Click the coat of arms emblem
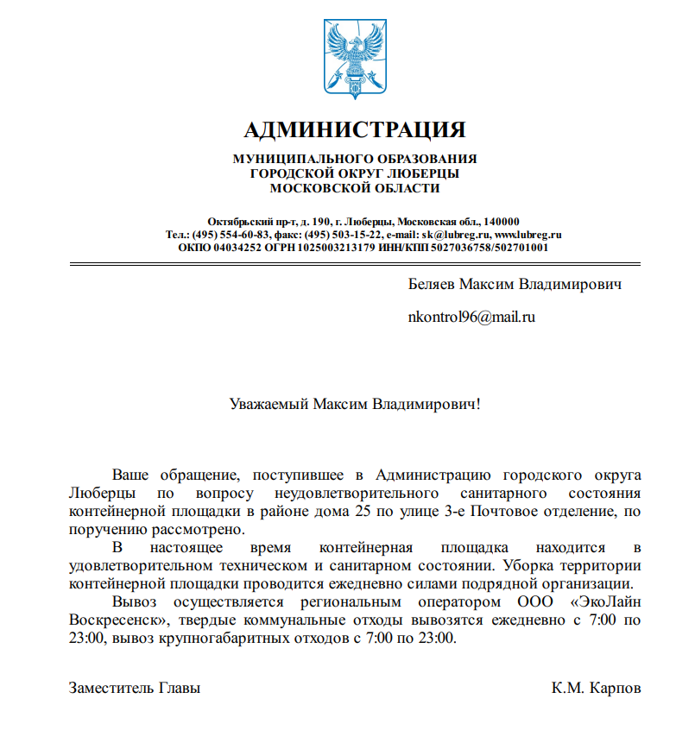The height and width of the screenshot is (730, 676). (x=354, y=56)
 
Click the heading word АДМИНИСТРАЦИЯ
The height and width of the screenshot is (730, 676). (x=355, y=130)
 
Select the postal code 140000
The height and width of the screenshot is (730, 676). (x=501, y=222)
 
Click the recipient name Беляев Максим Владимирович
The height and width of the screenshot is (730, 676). (x=515, y=284)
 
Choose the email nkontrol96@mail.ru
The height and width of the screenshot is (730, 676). (x=471, y=317)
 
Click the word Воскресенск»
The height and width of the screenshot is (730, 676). (x=115, y=620)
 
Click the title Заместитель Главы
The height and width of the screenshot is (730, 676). (x=135, y=689)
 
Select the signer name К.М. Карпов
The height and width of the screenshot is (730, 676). (x=597, y=689)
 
